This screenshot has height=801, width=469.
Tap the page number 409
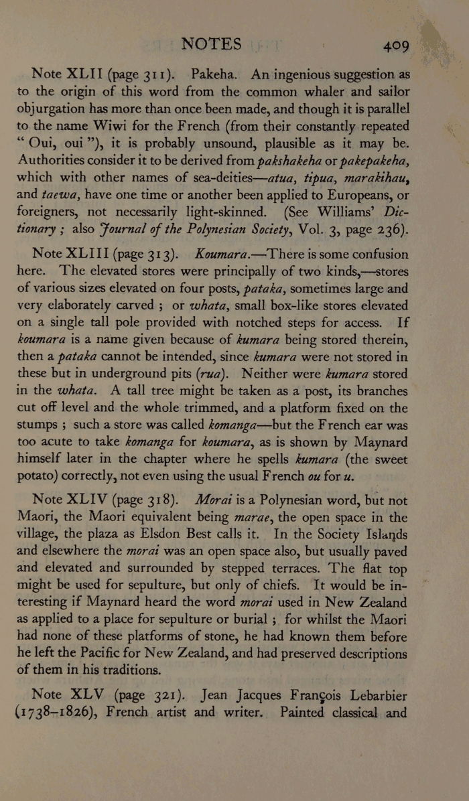point(396,46)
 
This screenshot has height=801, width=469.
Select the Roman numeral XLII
point(82,73)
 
